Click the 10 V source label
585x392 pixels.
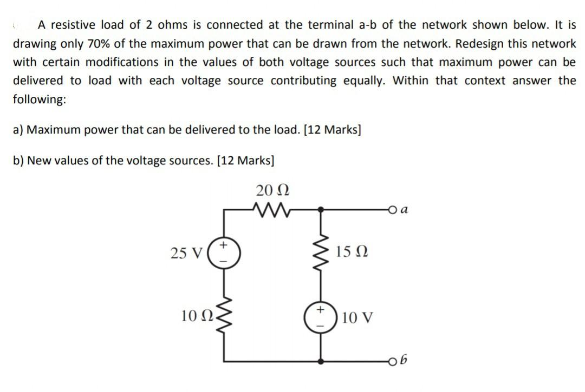pyautogui.click(x=357, y=317)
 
